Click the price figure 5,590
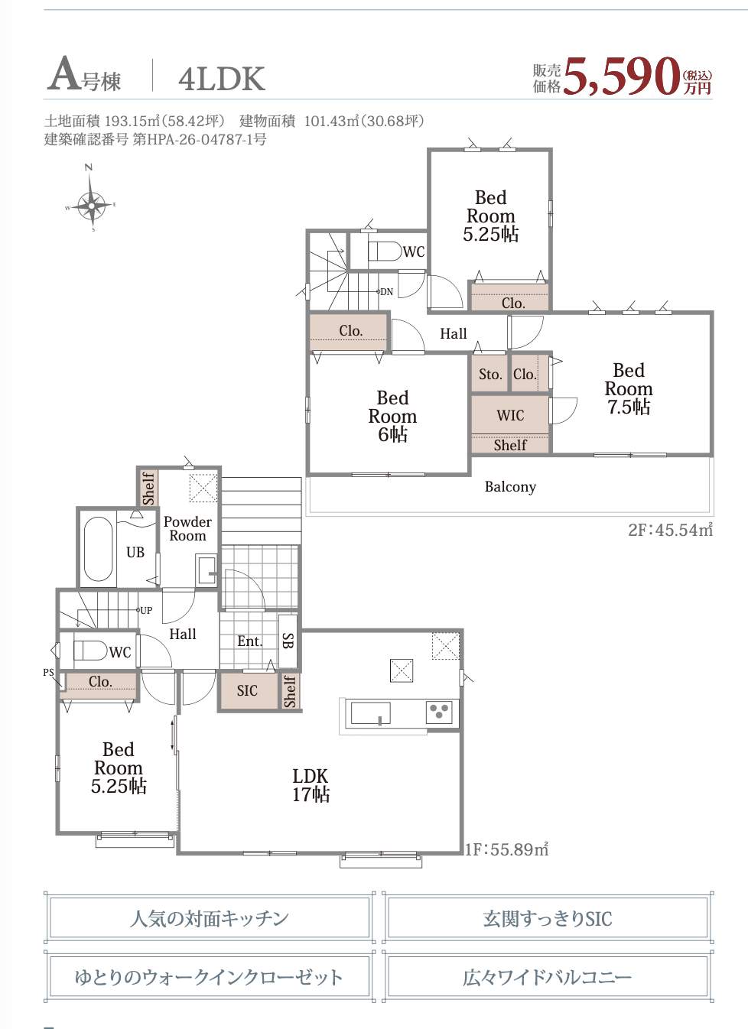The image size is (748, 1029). tap(622, 76)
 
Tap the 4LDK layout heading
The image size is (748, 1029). tap(222, 79)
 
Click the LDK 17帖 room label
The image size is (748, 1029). tap(311, 785)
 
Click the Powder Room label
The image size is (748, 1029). tap(187, 528)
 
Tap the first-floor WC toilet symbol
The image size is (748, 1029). tap(90, 651)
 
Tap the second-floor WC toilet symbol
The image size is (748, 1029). tap(385, 252)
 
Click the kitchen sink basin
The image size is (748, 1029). tap(370, 713)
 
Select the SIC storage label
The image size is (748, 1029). tap(247, 691)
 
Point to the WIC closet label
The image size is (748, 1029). tap(510, 415)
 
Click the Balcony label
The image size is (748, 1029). tap(510, 486)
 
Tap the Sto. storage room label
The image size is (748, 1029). tap(489, 374)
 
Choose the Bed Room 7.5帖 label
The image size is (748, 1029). tap(629, 388)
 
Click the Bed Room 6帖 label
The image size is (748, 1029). tap(392, 416)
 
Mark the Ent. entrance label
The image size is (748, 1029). tap(250, 641)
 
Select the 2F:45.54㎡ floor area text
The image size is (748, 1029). tap(670, 530)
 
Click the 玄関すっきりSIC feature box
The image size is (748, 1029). tap(548, 918)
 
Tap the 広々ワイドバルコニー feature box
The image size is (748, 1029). tap(548, 975)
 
